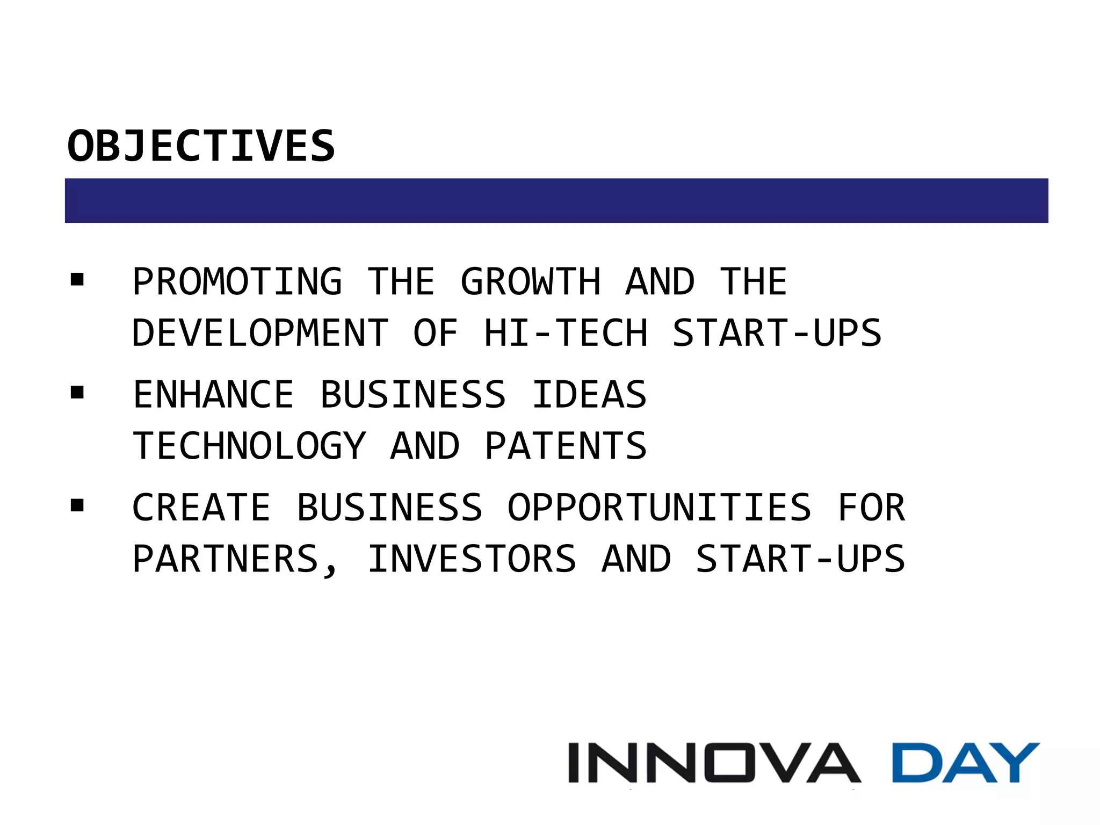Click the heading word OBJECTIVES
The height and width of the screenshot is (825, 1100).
[x=201, y=146]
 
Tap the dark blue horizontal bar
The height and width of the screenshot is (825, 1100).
[x=556, y=200]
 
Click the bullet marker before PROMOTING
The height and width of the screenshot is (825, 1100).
[x=77, y=279]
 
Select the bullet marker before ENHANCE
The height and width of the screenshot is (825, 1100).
[x=77, y=393]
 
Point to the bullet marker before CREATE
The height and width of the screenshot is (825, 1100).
[x=77, y=505]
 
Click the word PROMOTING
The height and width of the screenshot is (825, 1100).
[x=237, y=281]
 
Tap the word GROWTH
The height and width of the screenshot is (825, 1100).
[x=531, y=281]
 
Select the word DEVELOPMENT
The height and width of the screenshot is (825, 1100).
[x=260, y=333]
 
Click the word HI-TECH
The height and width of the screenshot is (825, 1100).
[x=566, y=333]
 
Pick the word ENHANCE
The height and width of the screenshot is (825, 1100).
[x=213, y=395]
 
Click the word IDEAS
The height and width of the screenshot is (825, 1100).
[x=589, y=395]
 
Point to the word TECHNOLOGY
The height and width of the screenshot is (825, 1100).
[x=249, y=446]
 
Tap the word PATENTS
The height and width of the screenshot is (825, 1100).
[x=566, y=446]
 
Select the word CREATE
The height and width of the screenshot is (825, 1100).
[x=201, y=508]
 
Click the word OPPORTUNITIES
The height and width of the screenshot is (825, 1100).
[x=660, y=508]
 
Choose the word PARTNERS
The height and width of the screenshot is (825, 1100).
[x=226, y=559]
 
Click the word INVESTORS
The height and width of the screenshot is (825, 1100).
[x=472, y=559]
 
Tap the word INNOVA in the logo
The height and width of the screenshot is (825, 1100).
[x=714, y=763]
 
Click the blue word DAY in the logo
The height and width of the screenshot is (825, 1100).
[x=965, y=763]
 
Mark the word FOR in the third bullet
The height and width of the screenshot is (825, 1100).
[x=871, y=508]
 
